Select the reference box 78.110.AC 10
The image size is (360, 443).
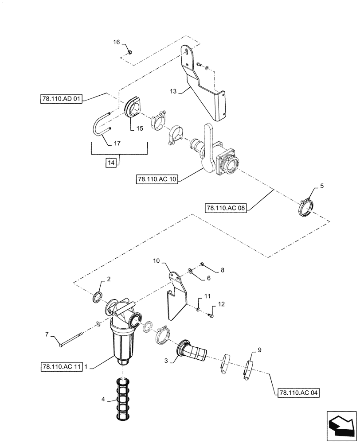(157, 179)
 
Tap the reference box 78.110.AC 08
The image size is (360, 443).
(226, 207)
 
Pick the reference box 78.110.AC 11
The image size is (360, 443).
(61, 366)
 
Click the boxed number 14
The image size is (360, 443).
(111, 163)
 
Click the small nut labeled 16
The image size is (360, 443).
(129, 52)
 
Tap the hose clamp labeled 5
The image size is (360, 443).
(306, 207)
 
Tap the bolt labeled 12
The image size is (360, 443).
(211, 315)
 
